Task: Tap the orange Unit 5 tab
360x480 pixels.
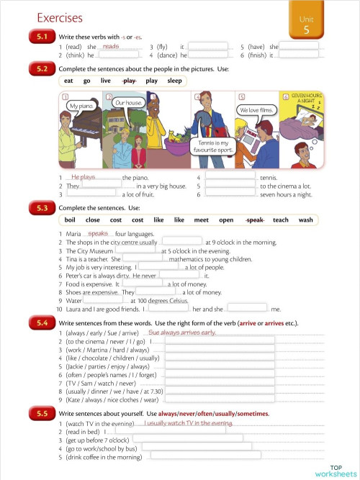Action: pyautogui.click(x=306, y=25)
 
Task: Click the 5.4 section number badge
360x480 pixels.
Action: pyautogui.click(x=41, y=323)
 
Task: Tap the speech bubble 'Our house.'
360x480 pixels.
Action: pyautogui.click(x=127, y=103)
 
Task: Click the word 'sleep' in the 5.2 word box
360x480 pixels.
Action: pyautogui.click(x=175, y=81)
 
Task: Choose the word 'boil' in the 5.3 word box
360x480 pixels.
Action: pyautogui.click(x=70, y=219)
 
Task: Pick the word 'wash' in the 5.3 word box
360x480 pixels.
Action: pyautogui.click(x=305, y=219)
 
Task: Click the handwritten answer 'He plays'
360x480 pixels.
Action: pyautogui.click(x=84, y=176)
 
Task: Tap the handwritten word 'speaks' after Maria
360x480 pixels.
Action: pyautogui.click(x=98, y=233)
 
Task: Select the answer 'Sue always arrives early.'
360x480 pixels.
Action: pyautogui.click(x=182, y=332)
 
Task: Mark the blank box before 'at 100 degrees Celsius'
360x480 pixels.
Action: pyautogui.click(x=101, y=301)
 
